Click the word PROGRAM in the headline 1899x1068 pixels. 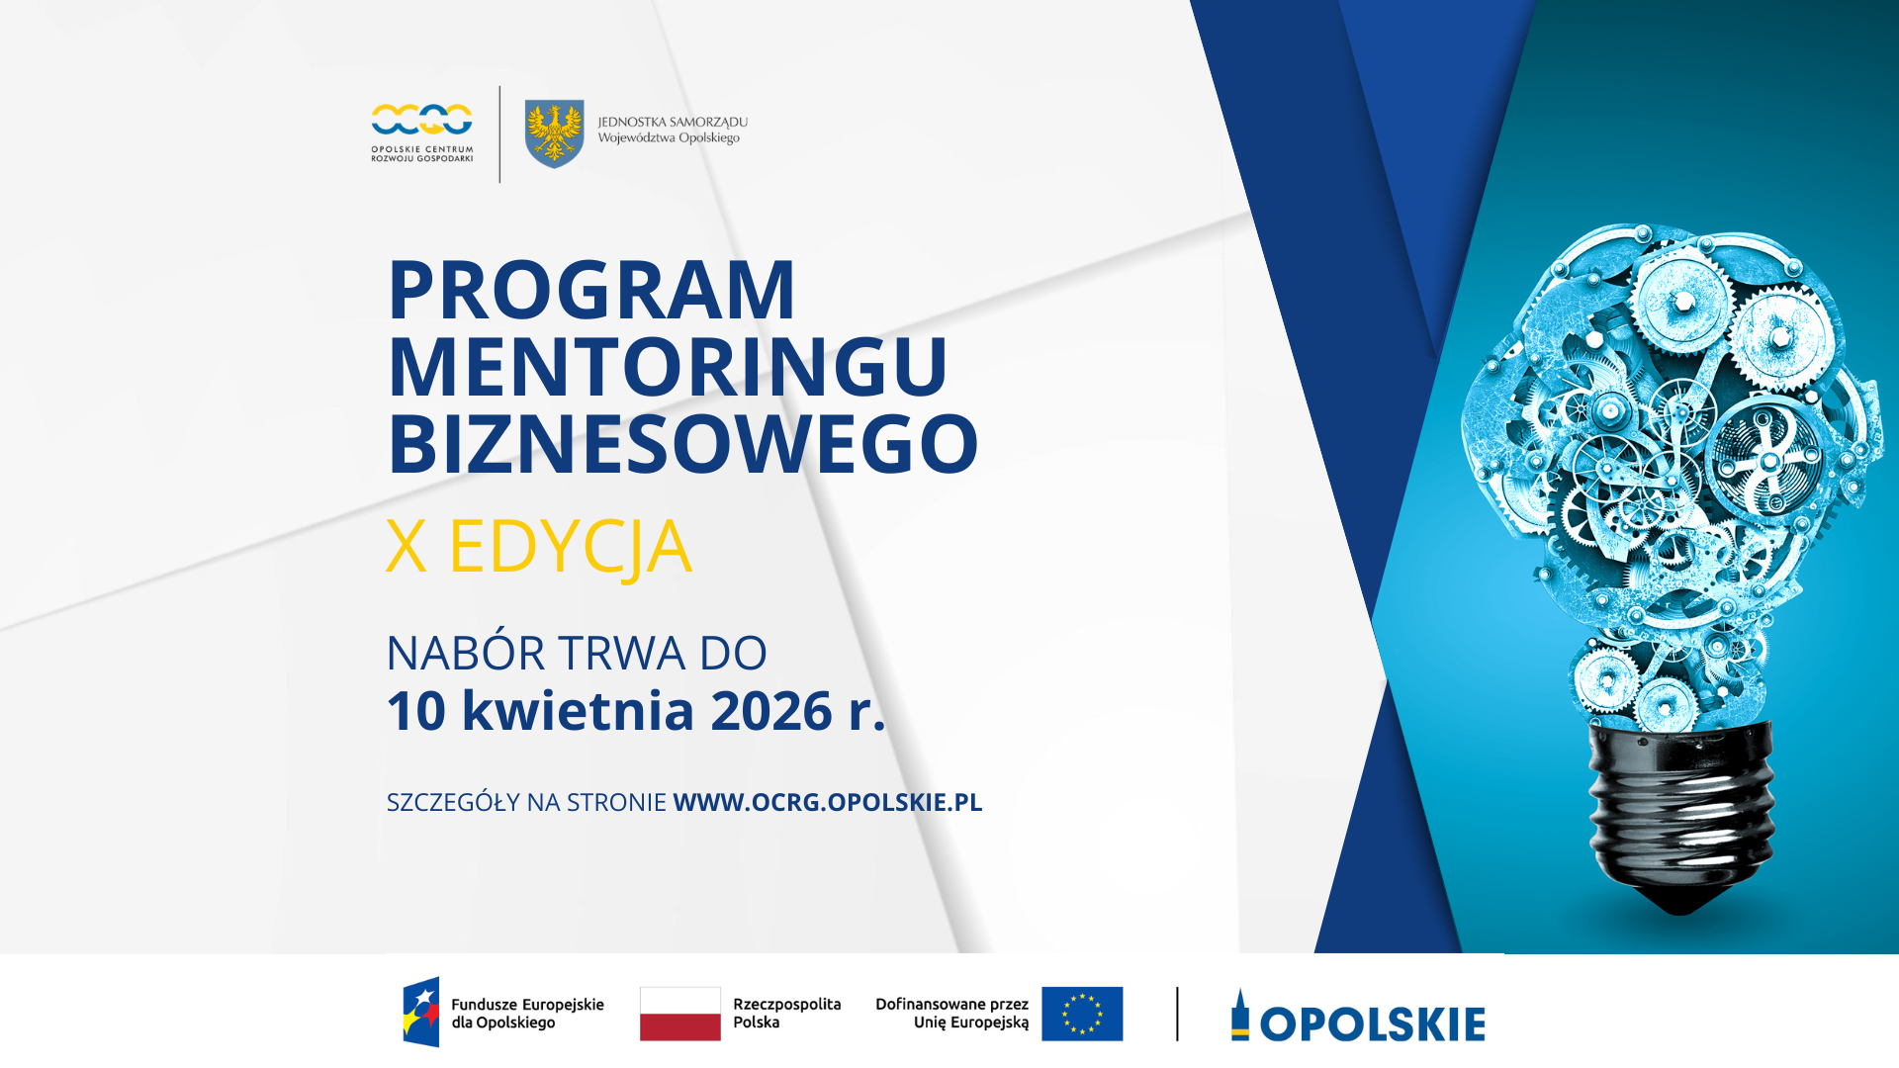[591, 291]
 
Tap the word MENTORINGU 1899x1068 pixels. [668, 367]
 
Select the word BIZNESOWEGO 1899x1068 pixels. [682, 444]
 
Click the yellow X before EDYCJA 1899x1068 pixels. [406, 546]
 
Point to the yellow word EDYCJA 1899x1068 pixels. [570, 547]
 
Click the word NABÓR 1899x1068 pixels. [465, 654]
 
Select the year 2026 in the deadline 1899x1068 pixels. [770, 711]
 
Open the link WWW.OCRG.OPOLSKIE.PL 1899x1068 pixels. [827, 802]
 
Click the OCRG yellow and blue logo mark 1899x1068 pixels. [422, 120]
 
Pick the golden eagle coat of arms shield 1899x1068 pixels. [554, 133]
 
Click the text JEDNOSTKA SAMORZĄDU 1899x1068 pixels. [673, 123]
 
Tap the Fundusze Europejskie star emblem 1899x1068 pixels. [421, 1012]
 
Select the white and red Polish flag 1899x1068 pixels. [680, 1014]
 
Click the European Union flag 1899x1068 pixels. [1082, 1014]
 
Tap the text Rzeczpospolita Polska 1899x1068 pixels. [786, 1014]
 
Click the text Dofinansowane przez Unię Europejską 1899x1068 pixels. [951, 1014]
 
